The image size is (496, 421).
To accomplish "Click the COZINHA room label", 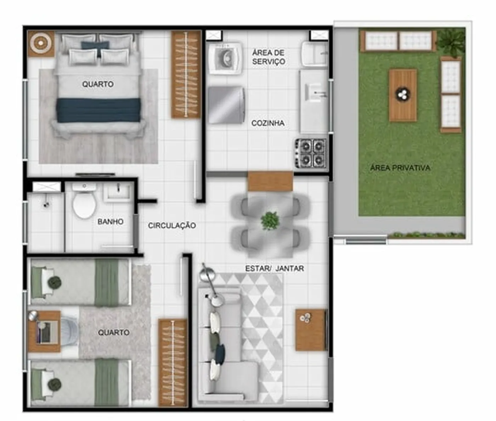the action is point(268,123).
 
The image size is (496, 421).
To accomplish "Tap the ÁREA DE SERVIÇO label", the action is point(269,57).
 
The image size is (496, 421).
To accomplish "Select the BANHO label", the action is point(111,221).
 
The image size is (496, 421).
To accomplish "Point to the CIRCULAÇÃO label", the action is point(172,225).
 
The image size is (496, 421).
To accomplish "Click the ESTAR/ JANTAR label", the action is point(275,268).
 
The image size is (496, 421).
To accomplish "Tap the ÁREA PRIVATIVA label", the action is point(400,168).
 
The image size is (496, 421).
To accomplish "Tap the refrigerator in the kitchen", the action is point(226,105).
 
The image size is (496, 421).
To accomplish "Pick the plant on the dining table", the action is point(270,220).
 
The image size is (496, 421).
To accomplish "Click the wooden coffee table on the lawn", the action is point(403,95).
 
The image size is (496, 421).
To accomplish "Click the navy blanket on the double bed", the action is point(98,110).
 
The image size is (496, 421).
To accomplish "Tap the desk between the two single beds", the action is point(44,331).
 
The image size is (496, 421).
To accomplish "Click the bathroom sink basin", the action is point(117,192).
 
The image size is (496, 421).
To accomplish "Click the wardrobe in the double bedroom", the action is point(186,75).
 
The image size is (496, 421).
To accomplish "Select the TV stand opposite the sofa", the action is point(311,330).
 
